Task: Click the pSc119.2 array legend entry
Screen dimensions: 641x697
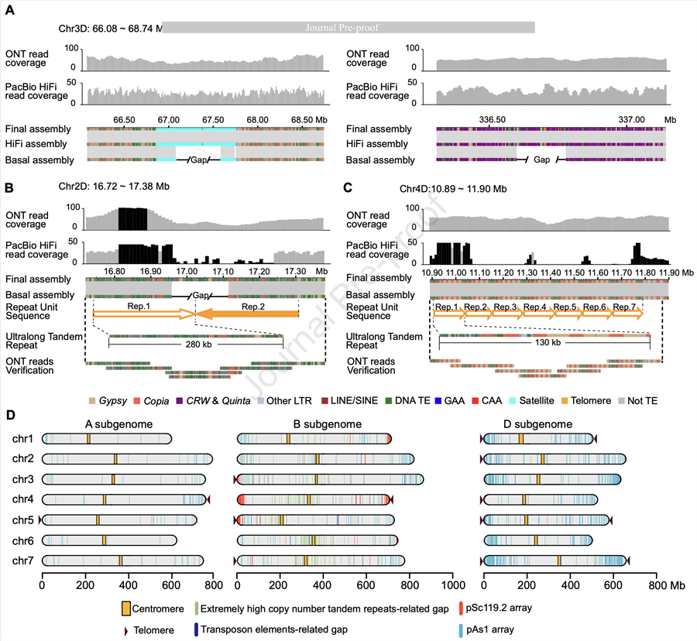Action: point(499,609)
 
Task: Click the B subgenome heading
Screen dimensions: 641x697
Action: point(314,424)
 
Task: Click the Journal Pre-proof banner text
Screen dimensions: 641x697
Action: point(348,27)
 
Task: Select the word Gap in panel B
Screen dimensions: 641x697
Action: point(202,296)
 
